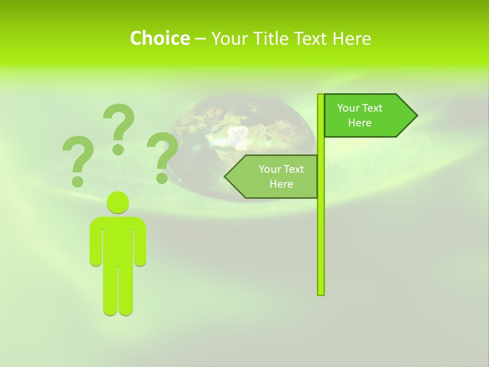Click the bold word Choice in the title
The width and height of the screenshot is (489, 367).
(159, 38)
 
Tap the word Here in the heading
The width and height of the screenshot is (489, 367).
(351, 38)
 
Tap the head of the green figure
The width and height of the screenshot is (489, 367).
(118, 202)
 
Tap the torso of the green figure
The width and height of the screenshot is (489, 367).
(118, 240)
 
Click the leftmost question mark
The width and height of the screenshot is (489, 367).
(78, 153)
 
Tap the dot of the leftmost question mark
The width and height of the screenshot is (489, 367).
(77, 180)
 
